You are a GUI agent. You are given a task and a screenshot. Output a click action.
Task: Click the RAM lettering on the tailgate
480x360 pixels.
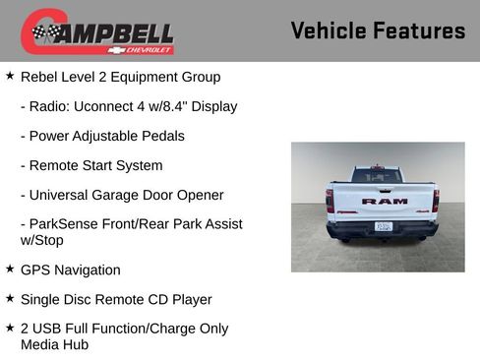pyautogui.click(x=384, y=201)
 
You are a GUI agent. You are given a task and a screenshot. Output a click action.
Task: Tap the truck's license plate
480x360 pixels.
pyautogui.click(x=384, y=226)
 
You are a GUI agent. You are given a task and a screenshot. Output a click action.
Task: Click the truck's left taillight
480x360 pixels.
pyautogui.click(x=330, y=201)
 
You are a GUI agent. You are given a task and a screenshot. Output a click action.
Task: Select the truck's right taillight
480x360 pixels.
pyautogui.click(x=436, y=201)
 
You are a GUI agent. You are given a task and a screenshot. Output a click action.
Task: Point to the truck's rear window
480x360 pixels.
pyautogui.click(x=378, y=175)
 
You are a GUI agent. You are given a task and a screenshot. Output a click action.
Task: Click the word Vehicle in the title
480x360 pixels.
pyautogui.click(x=329, y=30)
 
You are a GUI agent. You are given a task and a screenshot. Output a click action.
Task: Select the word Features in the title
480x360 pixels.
pyautogui.click(x=419, y=30)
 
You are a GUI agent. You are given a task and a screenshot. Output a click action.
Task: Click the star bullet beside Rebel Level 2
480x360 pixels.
pyautogui.click(x=10, y=75)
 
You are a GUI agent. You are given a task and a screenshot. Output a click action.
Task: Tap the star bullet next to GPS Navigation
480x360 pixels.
pyautogui.click(x=10, y=269)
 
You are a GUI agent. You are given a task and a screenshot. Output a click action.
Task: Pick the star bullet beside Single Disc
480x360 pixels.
pyautogui.click(x=10, y=298)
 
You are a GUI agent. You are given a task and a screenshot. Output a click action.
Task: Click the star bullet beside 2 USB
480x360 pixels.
pyautogui.click(x=10, y=328)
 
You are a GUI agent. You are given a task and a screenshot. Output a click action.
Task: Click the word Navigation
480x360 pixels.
pyautogui.click(x=87, y=270)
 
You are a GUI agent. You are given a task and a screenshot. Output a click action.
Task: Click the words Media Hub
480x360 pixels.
pyautogui.click(x=54, y=344)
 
